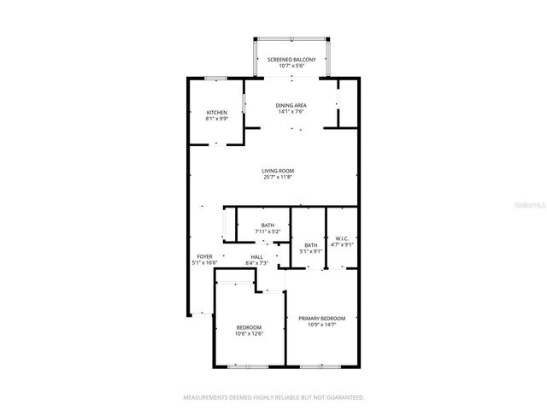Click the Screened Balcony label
[x=291, y=60]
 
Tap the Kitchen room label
[x=216, y=113]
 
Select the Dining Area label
[x=291, y=105]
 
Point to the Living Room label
[x=278, y=171]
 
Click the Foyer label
[x=204, y=256]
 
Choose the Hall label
[x=256, y=256]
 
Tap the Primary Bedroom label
[x=321, y=319]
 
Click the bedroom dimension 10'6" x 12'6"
[x=249, y=333]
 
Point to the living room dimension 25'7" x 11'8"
[x=278, y=178]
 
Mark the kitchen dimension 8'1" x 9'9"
[x=216, y=119]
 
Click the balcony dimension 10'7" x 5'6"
[x=291, y=66]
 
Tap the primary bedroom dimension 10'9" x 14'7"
[x=321, y=325]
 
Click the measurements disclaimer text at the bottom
[x=273, y=397]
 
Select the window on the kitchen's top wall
[x=215, y=79]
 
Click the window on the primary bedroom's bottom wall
[x=322, y=366]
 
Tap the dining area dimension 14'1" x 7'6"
[x=291, y=111]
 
